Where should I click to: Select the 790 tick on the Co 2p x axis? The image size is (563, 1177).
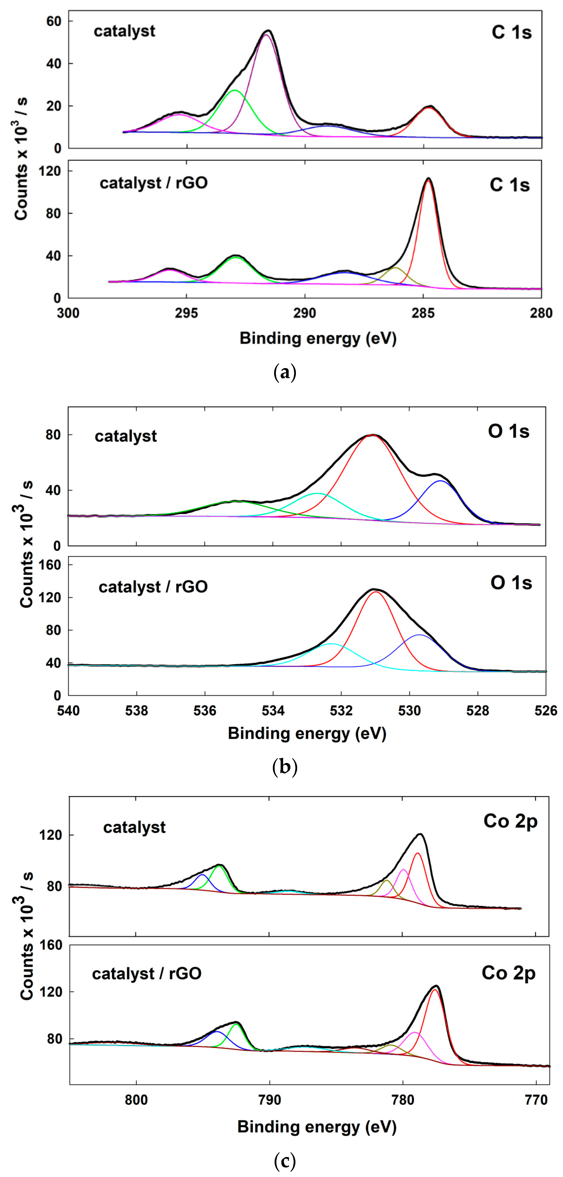pos(269,1099)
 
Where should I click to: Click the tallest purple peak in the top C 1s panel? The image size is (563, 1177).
pos(266,35)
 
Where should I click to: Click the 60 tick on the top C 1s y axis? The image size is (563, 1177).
pos(54,22)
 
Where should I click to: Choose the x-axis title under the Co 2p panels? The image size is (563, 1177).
pos(316,1127)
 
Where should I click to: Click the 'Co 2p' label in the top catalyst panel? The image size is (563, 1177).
pos(510,821)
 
